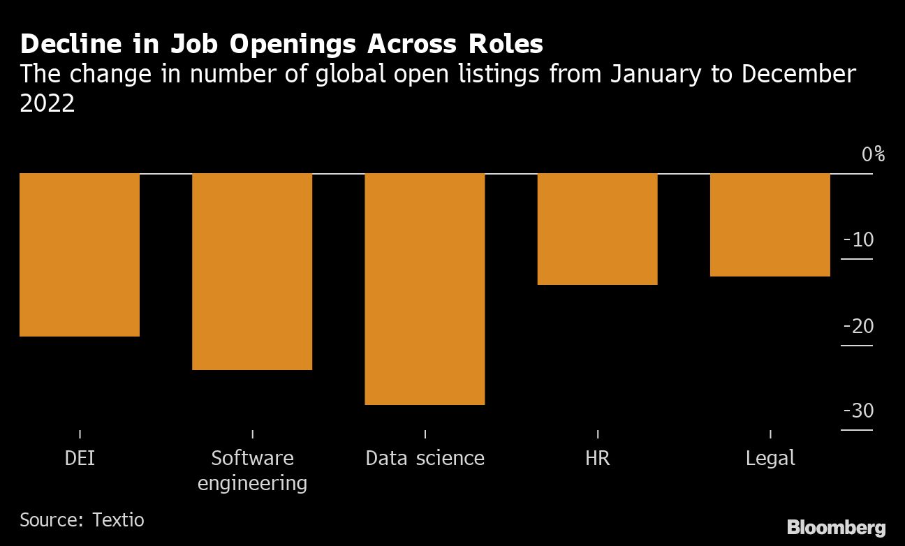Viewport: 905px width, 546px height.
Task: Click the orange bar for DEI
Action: [80, 255]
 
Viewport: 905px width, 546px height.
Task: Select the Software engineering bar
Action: [252, 272]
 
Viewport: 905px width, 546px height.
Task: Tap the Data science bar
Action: [425, 289]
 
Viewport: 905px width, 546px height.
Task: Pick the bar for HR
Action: [598, 229]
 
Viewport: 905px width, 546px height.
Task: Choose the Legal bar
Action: [770, 225]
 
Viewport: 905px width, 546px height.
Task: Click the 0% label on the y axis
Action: [872, 154]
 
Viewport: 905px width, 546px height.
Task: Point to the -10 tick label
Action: [859, 240]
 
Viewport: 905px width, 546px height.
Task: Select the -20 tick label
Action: [858, 326]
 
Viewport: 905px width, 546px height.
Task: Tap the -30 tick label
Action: [858, 411]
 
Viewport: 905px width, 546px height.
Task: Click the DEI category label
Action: [80, 459]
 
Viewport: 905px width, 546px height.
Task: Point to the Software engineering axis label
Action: [252, 470]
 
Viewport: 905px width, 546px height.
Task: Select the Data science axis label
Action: [425, 459]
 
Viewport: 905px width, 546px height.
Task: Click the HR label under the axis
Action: [598, 459]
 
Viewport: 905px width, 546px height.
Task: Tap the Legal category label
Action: [770, 459]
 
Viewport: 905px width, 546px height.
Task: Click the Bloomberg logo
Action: [836, 527]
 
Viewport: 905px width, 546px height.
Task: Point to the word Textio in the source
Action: [119, 520]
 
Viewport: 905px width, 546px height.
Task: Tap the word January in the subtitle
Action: [653, 74]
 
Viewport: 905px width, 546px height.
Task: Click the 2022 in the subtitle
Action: [47, 103]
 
